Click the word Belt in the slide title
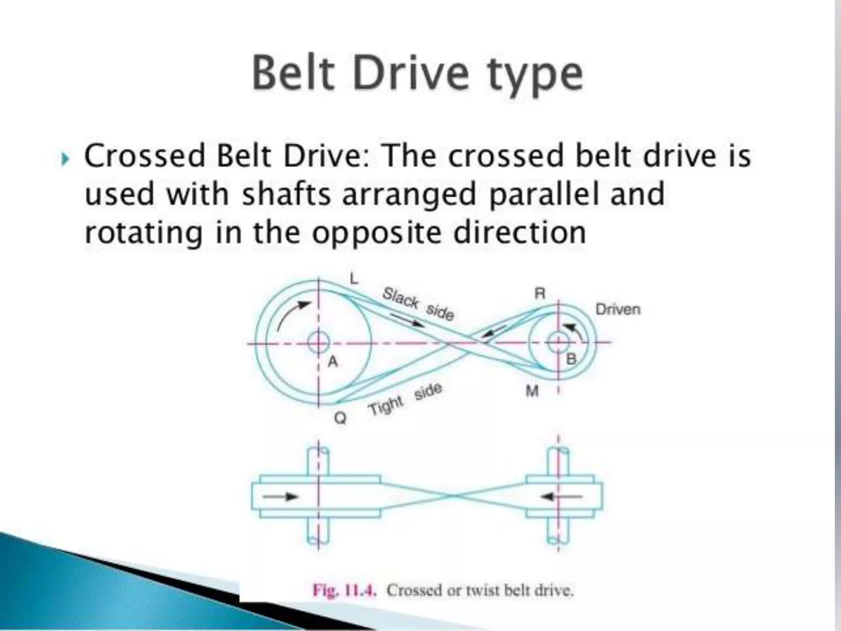point(293,74)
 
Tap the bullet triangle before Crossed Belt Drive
point(65,159)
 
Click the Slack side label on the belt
point(418,304)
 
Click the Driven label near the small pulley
point(618,309)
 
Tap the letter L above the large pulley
point(354,279)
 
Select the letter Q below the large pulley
point(340,418)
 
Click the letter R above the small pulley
point(540,293)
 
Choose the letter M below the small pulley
point(532,391)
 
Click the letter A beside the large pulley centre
point(333,362)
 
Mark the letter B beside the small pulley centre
point(571,359)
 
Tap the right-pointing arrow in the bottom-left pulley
point(280,497)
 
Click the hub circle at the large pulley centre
point(319,342)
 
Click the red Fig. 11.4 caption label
point(344,591)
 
